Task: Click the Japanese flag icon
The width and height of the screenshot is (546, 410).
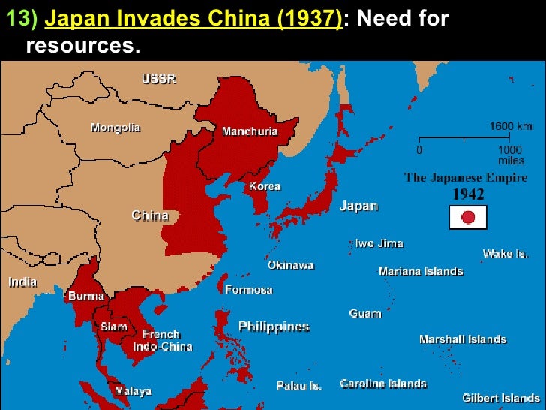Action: [x=468, y=217]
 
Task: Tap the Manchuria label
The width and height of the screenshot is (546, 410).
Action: [x=250, y=131]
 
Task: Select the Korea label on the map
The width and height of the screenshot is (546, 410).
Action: [x=264, y=185]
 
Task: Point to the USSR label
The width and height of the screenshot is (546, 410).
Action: [x=159, y=79]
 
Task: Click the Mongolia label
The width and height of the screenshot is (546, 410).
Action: [x=115, y=128]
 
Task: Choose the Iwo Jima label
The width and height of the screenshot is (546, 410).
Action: [x=379, y=243]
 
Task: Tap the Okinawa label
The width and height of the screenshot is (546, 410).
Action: [x=291, y=265]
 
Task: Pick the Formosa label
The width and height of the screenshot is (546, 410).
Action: [x=249, y=289]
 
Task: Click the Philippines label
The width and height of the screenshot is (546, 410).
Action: [x=274, y=327]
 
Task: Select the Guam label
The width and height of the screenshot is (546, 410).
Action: [x=365, y=313]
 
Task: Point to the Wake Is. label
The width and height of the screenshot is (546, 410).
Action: [x=505, y=254]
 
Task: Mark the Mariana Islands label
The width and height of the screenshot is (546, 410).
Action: [x=421, y=271]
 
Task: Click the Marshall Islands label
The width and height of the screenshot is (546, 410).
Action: [x=462, y=339]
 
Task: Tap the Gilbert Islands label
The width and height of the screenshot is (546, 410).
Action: [x=500, y=397]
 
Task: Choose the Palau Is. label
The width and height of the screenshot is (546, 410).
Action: [x=299, y=386]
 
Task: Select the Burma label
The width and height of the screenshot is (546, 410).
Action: [x=86, y=296]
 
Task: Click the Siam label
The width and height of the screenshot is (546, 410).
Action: [x=114, y=327]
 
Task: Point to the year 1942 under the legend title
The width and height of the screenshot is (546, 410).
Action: [x=466, y=193]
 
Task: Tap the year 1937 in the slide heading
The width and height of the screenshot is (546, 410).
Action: [x=310, y=18]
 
